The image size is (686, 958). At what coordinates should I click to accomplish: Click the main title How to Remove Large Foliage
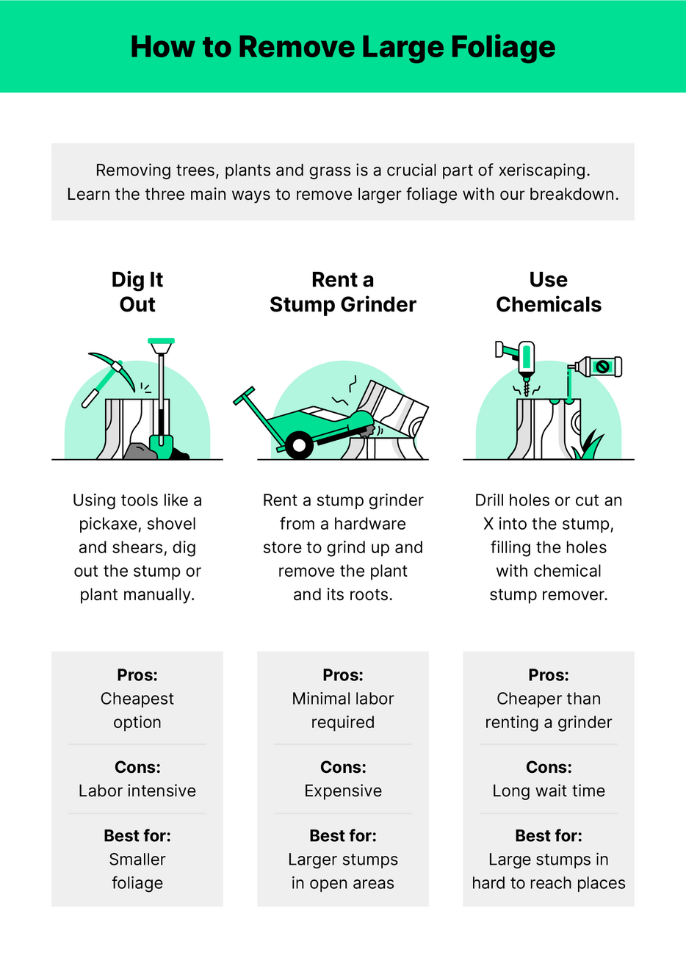pyautogui.click(x=342, y=47)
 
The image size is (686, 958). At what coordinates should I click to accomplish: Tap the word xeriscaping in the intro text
pyautogui.click(x=544, y=170)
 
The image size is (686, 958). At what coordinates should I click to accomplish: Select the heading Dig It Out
pyautogui.click(x=137, y=292)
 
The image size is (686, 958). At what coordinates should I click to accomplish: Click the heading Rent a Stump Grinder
pyautogui.click(x=342, y=292)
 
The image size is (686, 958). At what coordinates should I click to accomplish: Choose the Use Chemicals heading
pyautogui.click(x=548, y=292)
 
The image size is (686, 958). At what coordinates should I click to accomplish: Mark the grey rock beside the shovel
pyautogui.click(x=138, y=451)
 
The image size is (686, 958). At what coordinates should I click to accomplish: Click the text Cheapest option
pyautogui.click(x=137, y=710)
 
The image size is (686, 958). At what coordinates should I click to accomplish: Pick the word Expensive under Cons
pyautogui.click(x=343, y=791)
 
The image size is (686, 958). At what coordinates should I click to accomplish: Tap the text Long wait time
pyautogui.click(x=549, y=791)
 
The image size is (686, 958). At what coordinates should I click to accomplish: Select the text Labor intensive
pyautogui.click(x=137, y=791)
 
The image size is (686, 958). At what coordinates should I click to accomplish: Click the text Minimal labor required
pyautogui.click(x=343, y=710)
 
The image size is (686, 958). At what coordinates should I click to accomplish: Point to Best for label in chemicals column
pyautogui.click(x=549, y=836)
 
